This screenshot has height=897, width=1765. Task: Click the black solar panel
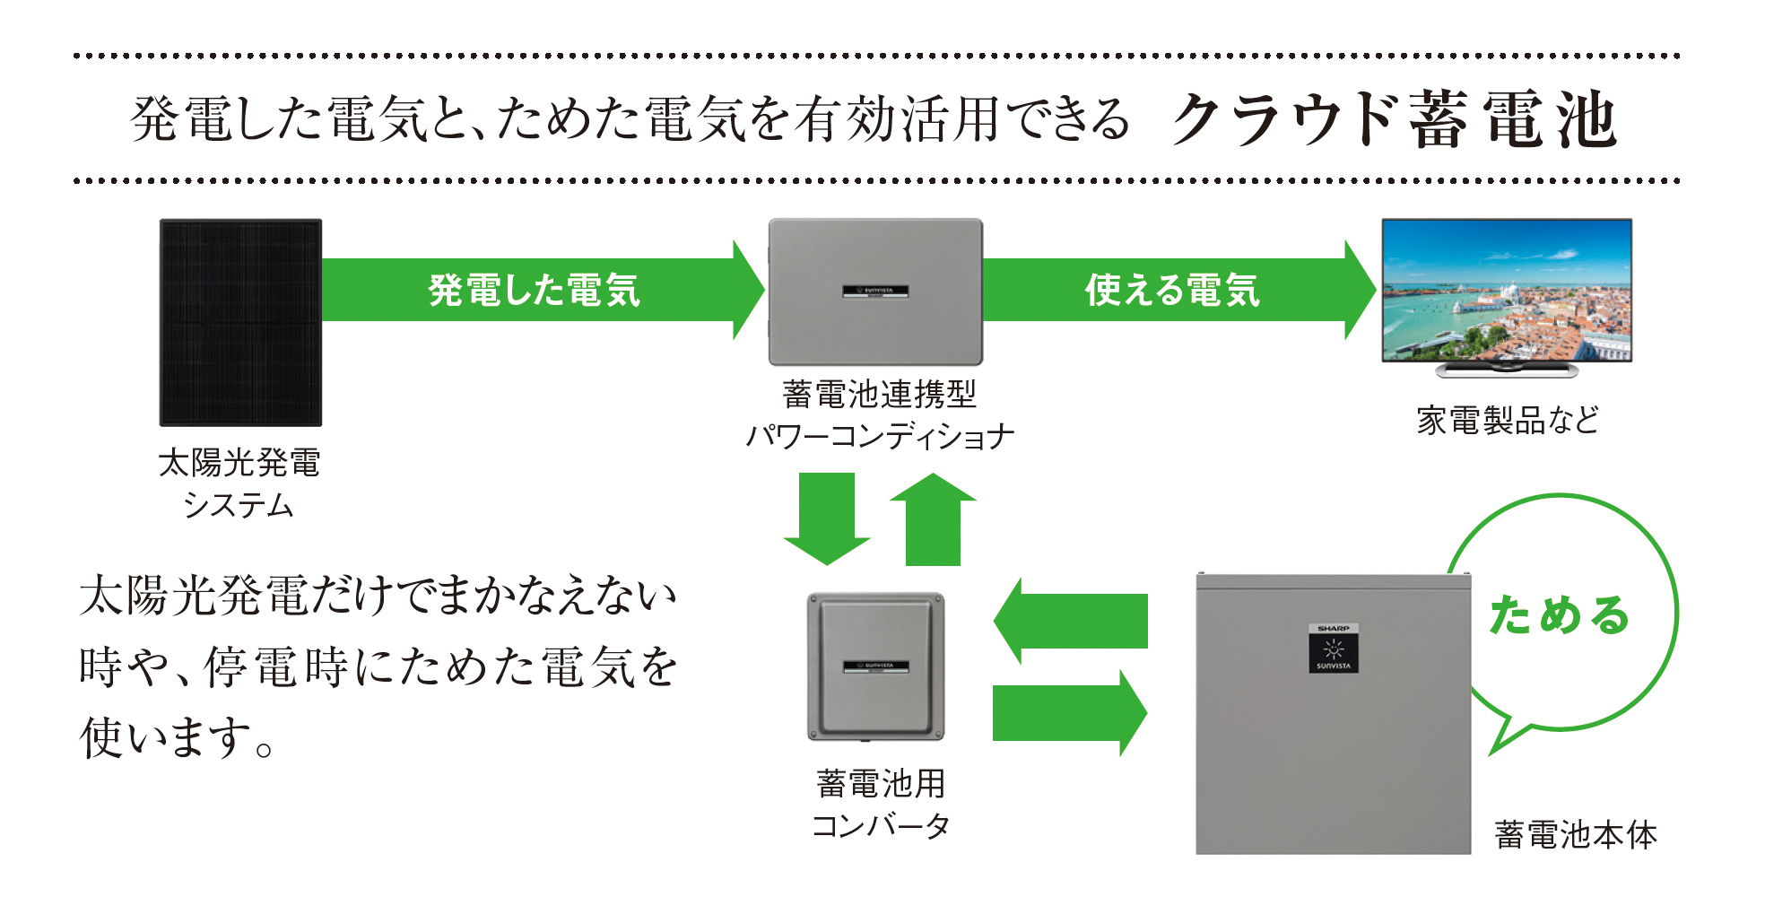pyautogui.click(x=240, y=322)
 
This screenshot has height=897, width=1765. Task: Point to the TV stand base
pyautogui.click(x=1507, y=369)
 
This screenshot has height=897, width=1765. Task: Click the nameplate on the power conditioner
pyautogui.click(x=875, y=291)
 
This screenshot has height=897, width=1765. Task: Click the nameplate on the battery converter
pyautogui.click(x=875, y=666)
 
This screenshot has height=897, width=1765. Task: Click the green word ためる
pyautogui.click(x=1559, y=615)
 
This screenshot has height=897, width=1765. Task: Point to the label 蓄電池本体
pyautogui.click(x=1576, y=835)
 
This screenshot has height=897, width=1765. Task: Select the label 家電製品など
pyautogui.click(x=1508, y=420)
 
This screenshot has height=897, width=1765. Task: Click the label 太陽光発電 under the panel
pyautogui.click(x=239, y=463)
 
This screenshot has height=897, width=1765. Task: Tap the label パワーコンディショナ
pyautogui.click(x=880, y=437)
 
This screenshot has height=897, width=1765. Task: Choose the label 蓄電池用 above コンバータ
pyautogui.click(x=880, y=783)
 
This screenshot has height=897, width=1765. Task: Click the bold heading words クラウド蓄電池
pyautogui.click(x=1395, y=120)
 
